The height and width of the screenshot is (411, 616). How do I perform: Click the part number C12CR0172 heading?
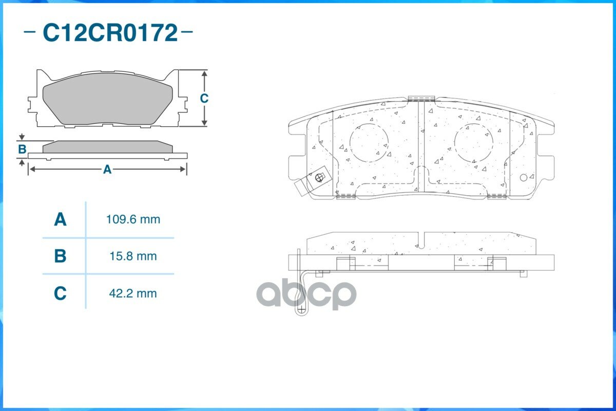(110, 33)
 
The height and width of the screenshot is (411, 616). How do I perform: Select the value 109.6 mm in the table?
(133, 219)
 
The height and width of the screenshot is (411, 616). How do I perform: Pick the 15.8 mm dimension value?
(133, 256)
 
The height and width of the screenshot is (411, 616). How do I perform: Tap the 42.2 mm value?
(133, 293)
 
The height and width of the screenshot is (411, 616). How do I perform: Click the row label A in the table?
(60, 219)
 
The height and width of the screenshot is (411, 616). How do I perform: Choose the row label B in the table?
(60, 256)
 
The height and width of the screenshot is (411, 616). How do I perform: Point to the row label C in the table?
(60, 293)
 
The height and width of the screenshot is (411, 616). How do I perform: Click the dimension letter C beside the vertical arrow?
(204, 98)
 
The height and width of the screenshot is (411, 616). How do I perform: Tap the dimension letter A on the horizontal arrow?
(107, 170)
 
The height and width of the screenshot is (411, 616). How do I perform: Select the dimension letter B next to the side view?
(22, 149)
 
